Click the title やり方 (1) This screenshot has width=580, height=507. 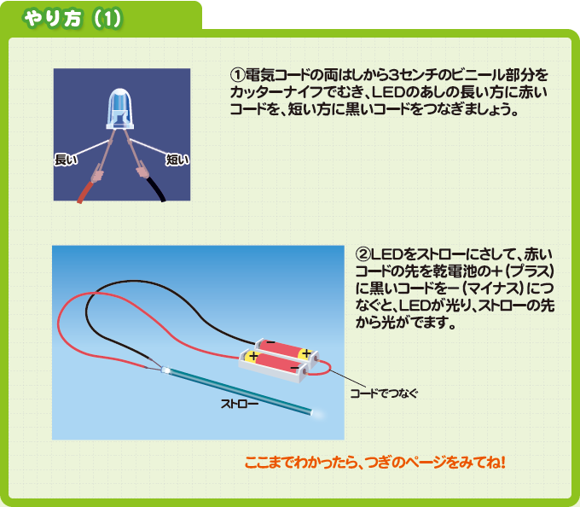click(72, 19)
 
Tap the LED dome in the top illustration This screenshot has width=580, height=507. click(120, 108)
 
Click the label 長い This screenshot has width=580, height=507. click(67, 160)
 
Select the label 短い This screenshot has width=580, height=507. click(177, 160)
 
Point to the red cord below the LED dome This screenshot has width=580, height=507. click(87, 192)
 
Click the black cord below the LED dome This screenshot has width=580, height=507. click(157, 189)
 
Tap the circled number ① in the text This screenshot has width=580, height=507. click(237, 75)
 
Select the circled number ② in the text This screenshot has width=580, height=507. click(362, 254)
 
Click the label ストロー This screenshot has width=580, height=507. click(240, 404)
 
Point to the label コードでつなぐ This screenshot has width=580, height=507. click(385, 393)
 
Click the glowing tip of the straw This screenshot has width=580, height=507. click(317, 413)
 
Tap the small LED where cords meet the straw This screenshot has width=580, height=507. click(165, 370)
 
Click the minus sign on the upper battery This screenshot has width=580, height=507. click(270, 342)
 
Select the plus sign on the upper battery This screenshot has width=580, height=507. click(306, 353)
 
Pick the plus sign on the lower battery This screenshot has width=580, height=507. click(253, 356)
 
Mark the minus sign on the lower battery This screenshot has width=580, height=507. click(295, 368)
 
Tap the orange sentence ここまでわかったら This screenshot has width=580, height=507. click(374, 463)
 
